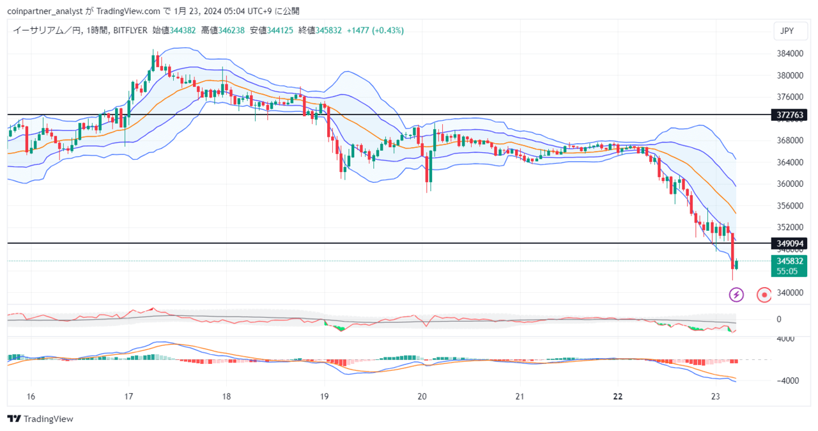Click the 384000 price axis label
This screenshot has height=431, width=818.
[790, 54]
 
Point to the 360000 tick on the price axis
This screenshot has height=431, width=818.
[790, 184]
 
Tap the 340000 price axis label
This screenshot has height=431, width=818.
[790, 293]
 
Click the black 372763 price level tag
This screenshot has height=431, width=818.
[789, 115]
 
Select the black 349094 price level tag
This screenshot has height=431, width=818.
[789, 243]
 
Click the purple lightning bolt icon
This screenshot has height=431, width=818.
[736, 295]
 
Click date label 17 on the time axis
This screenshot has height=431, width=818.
[128, 396]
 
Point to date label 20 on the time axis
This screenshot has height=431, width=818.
[422, 396]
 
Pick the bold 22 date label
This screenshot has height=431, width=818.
[618, 396]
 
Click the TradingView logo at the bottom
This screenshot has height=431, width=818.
[40, 419]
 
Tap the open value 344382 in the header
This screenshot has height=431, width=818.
[183, 30]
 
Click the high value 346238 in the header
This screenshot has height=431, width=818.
[231, 30]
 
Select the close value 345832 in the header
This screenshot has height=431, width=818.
[328, 30]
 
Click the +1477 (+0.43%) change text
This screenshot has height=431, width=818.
[375, 30]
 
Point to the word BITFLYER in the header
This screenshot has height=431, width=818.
[130, 30]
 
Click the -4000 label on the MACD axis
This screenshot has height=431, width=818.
[789, 381]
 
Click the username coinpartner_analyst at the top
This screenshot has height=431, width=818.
[45, 12]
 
